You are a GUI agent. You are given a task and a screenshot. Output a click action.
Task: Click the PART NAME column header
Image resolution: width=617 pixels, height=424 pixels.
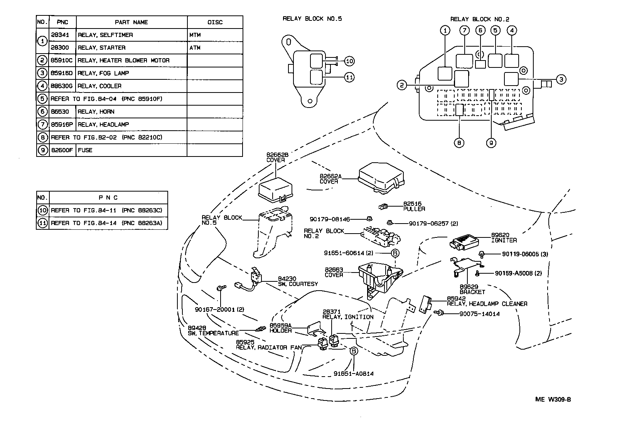click(x=131, y=22)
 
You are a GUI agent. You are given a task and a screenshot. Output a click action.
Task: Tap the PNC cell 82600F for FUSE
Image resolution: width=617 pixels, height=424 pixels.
click(x=62, y=150)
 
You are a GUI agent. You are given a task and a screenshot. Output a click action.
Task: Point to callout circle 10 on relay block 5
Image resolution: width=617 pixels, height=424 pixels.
click(x=349, y=61)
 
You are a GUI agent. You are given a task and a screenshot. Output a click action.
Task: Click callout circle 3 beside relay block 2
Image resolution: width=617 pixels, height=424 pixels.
click(x=561, y=79)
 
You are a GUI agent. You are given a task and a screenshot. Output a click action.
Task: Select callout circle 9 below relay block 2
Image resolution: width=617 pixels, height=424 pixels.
click(x=491, y=143)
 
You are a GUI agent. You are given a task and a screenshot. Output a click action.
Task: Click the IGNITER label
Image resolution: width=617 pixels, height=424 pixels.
click(x=504, y=241)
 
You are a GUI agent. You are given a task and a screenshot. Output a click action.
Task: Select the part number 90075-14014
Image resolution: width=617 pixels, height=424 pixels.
click(x=479, y=314)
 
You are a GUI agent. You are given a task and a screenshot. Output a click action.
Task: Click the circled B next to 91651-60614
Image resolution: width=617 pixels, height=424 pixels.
click(x=395, y=253)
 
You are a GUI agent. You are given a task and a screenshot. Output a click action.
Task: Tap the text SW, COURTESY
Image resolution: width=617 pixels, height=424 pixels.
click(x=298, y=284)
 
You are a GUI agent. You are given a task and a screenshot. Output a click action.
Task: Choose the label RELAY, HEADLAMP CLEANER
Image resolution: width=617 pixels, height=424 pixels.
click(x=487, y=304)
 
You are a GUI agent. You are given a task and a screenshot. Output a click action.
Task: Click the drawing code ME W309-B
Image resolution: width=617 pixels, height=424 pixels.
click(x=553, y=399)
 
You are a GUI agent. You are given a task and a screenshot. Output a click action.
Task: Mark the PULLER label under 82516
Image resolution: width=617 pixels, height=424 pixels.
click(x=414, y=209)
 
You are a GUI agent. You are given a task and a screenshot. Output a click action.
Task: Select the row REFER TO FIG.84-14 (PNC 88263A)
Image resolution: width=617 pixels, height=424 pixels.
click(x=106, y=223)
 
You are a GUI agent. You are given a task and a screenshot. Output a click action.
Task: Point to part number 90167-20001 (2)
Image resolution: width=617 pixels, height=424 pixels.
click(x=219, y=310)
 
